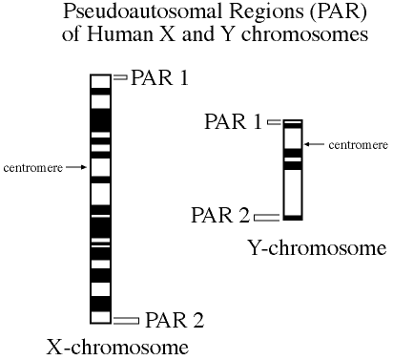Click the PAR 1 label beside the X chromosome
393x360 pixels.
point(159,77)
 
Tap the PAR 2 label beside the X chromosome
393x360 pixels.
point(175,320)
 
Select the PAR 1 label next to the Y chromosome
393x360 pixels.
point(233,121)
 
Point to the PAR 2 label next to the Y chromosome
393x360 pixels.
point(220,215)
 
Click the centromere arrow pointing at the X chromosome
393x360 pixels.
point(76,167)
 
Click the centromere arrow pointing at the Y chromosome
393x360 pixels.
point(315,144)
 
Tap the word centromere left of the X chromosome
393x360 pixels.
point(33,167)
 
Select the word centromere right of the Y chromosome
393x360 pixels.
point(359,145)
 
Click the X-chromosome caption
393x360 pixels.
point(117,347)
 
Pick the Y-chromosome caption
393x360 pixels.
point(317,247)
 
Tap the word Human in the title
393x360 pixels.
point(120,33)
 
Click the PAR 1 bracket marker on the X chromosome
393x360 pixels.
point(120,77)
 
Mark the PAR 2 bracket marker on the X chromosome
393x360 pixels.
point(126,321)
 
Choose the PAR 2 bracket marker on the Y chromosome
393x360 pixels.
point(267,218)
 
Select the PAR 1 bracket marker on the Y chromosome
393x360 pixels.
point(275,122)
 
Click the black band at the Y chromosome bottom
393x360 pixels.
point(293,218)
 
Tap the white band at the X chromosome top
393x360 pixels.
point(100,81)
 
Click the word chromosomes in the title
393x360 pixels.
point(304,33)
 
